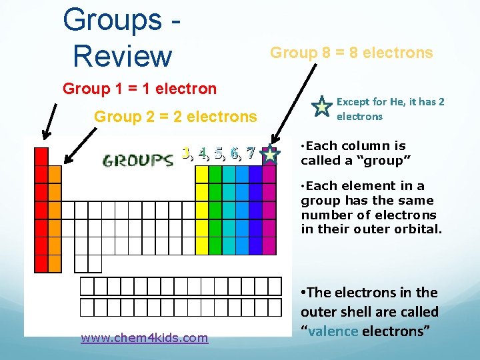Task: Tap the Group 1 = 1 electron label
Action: click(139, 89)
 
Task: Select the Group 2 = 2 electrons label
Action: click(175, 117)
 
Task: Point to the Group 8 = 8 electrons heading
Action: click(351, 53)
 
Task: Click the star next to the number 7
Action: click(270, 155)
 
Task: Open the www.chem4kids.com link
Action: click(144, 338)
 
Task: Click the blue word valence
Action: click(333, 331)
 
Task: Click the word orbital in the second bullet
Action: click(419, 230)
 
